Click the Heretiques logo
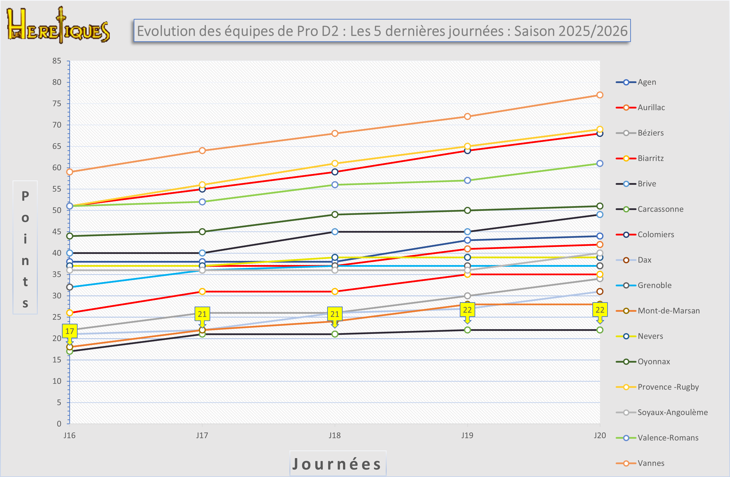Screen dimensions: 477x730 click(58, 25)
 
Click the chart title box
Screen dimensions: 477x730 click(382, 31)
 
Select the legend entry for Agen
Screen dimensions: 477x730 click(647, 82)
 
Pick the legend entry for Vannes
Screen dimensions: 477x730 click(651, 463)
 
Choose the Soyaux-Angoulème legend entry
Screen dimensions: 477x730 click(672, 412)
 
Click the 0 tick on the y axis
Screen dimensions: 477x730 click(59, 424)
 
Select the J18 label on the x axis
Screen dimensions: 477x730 click(335, 435)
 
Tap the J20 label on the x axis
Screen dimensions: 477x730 click(600, 435)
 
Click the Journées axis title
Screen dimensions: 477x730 click(337, 464)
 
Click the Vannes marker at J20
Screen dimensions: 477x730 click(600, 95)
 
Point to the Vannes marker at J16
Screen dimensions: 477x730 click(70, 172)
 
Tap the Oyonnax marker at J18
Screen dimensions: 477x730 click(335, 214)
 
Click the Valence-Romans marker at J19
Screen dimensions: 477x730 click(467, 180)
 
